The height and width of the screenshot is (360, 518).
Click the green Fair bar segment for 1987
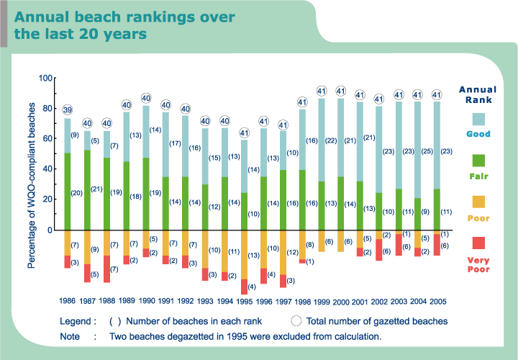coord(87,190)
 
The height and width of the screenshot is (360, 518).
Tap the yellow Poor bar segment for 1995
coord(244,254)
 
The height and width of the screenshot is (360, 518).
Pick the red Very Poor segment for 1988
coord(106,269)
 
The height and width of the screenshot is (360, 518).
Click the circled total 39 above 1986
coord(68,109)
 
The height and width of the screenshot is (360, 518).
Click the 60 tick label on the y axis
coord(47,139)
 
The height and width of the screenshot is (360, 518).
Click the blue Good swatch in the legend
coord(478,118)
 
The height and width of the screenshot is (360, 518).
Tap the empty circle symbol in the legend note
coord(296,321)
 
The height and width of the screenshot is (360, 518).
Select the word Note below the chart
coord(71,336)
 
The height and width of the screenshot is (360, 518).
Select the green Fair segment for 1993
coord(205,207)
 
